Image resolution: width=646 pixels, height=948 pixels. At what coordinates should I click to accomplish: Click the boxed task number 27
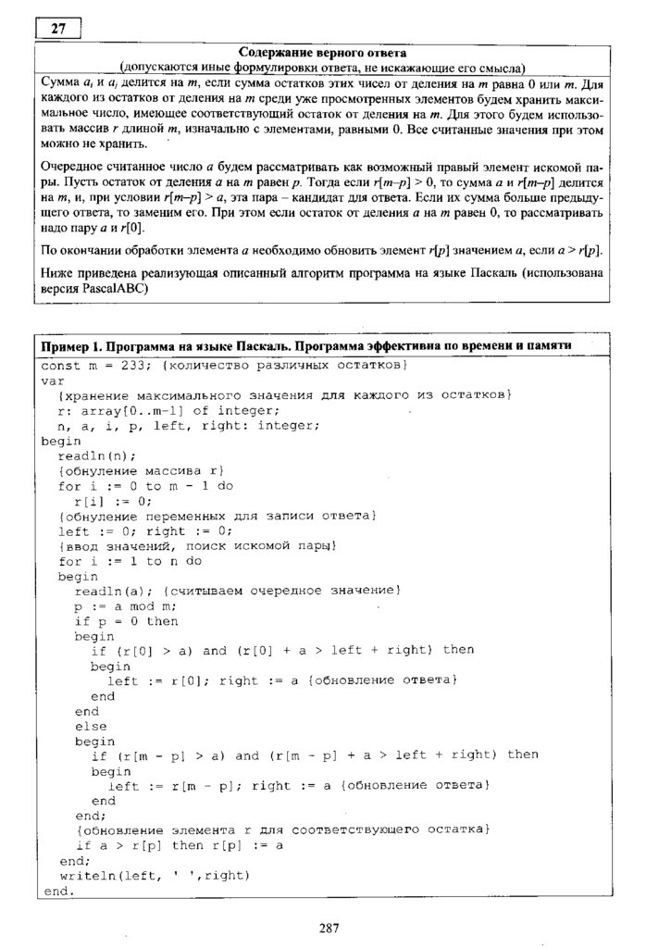click(58, 29)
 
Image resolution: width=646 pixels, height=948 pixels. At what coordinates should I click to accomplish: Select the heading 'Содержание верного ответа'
click(322, 53)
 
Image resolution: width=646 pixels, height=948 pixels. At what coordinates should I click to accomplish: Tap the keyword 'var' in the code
click(52, 380)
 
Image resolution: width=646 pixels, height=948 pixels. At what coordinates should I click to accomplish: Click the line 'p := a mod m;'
click(125, 606)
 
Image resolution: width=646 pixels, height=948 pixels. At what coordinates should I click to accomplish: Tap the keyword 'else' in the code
click(90, 727)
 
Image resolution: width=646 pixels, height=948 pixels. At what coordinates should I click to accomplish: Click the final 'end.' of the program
click(56, 891)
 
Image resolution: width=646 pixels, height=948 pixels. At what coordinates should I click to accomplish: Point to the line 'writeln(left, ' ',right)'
click(155, 875)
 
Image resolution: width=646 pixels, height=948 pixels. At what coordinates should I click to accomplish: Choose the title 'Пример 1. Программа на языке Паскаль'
click(176, 344)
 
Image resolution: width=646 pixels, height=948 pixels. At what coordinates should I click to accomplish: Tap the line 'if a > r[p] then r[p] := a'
click(179, 845)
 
